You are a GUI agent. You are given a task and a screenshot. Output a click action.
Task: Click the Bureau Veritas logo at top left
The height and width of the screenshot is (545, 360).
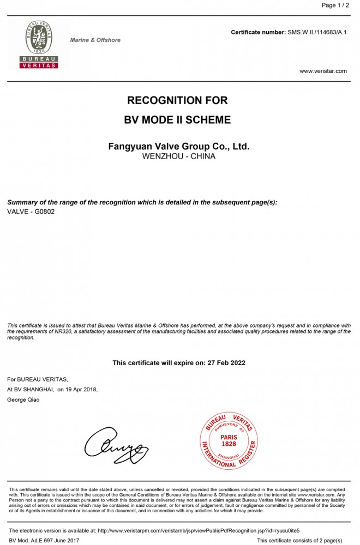(x=39, y=44)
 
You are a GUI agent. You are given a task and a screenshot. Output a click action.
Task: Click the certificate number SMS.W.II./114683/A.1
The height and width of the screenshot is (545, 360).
(x=317, y=33)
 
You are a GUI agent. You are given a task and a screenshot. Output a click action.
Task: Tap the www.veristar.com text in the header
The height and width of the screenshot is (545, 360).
(x=323, y=71)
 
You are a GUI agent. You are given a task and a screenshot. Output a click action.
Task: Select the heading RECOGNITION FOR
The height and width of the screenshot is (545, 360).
(x=177, y=101)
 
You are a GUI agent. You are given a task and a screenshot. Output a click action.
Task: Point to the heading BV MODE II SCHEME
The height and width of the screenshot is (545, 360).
(x=177, y=120)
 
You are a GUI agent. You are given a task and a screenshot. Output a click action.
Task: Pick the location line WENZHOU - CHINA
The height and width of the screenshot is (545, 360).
(x=179, y=156)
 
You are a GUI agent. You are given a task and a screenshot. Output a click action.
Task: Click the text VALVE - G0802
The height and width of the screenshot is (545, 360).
(x=31, y=211)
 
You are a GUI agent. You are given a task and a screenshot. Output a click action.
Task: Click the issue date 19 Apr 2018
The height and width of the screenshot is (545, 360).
(x=82, y=389)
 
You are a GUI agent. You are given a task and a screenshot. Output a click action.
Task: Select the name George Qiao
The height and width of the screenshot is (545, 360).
(x=23, y=399)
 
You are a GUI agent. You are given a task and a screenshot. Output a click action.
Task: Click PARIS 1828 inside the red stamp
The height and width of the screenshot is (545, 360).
(x=229, y=440)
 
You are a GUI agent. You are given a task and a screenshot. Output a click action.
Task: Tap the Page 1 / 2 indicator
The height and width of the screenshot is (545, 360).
(x=334, y=5)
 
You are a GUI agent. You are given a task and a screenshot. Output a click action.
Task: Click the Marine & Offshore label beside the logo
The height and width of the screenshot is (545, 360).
(x=95, y=40)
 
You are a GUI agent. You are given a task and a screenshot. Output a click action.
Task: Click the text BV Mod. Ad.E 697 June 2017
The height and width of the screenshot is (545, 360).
(x=44, y=540)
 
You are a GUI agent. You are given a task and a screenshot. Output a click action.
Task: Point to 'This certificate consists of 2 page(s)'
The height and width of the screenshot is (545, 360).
(x=299, y=540)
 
